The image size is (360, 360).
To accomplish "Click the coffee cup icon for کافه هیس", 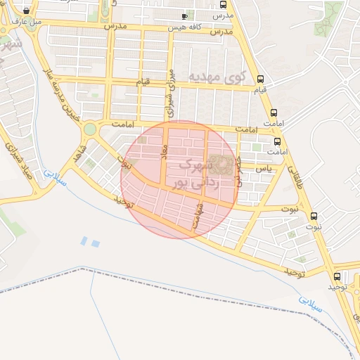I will [185, 16].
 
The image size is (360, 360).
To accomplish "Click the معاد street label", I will [165, 155].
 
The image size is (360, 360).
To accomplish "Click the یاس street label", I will [264, 169].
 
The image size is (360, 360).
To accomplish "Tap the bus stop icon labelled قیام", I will [261, 79].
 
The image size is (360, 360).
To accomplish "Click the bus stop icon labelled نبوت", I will [314, 216].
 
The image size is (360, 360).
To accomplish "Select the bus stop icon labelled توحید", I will [337, 276].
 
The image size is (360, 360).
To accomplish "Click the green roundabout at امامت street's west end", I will [89, 129].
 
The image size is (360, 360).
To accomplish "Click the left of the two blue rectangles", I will [84, 241].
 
